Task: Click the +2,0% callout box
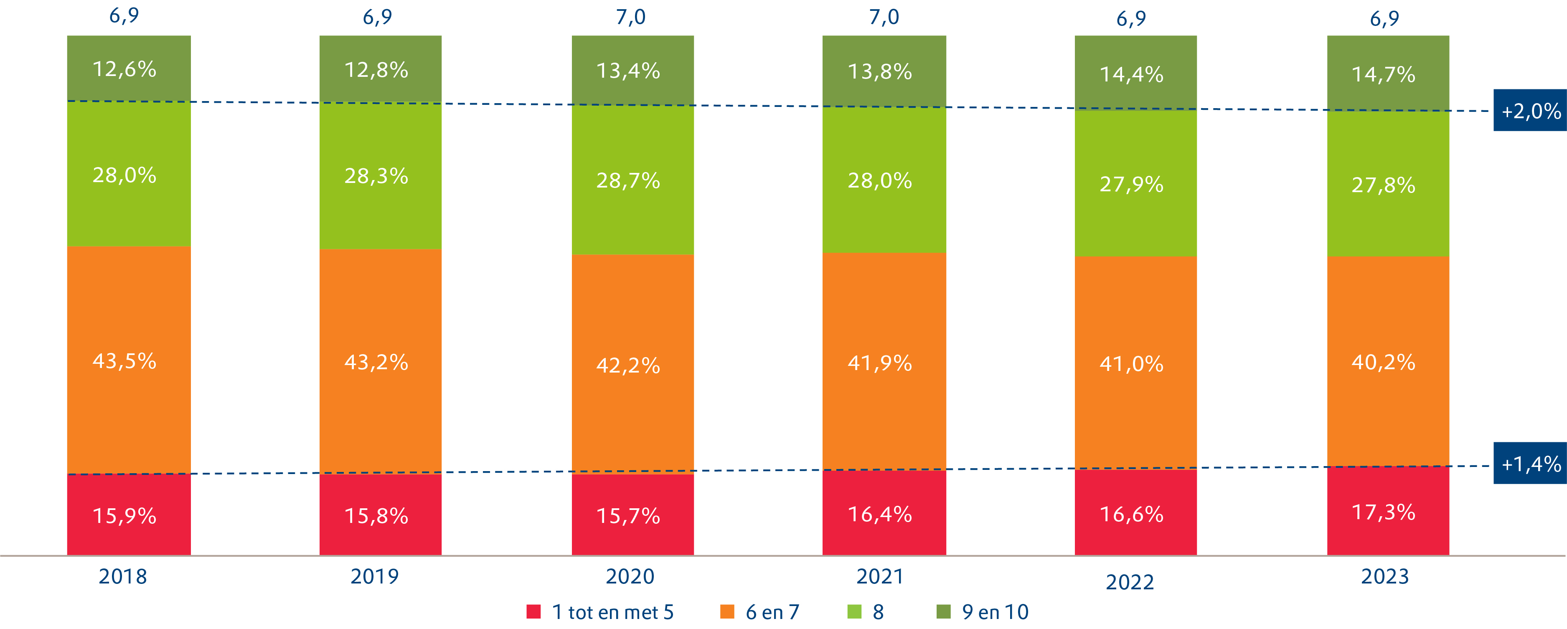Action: [x=1530, y=111]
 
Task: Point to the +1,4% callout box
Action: [x=1530, y=464]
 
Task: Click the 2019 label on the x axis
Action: [x=375, y=576]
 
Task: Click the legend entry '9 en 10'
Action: [x=995, y=612]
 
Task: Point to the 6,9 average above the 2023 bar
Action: [x=1384, y=19]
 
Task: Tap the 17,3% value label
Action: [x=1383, y=512]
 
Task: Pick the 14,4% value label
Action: [x=1131, y=74]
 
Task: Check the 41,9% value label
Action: [x=880, y=363]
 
